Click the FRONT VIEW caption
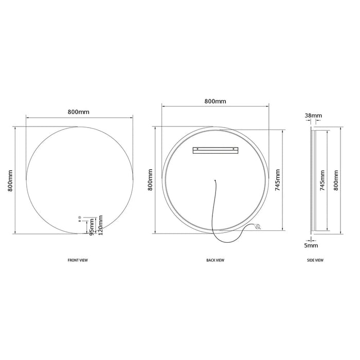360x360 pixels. [78, 260]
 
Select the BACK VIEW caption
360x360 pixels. [215, 260]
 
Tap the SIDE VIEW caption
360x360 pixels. [315, 260]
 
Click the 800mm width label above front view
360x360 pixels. [79, 112]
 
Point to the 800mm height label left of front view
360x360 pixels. [10, 181]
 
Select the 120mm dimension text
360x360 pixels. [100, 225]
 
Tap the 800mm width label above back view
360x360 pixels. [215, 101]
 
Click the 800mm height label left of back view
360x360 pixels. [150, 180]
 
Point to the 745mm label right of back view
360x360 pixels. [278, 180]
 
